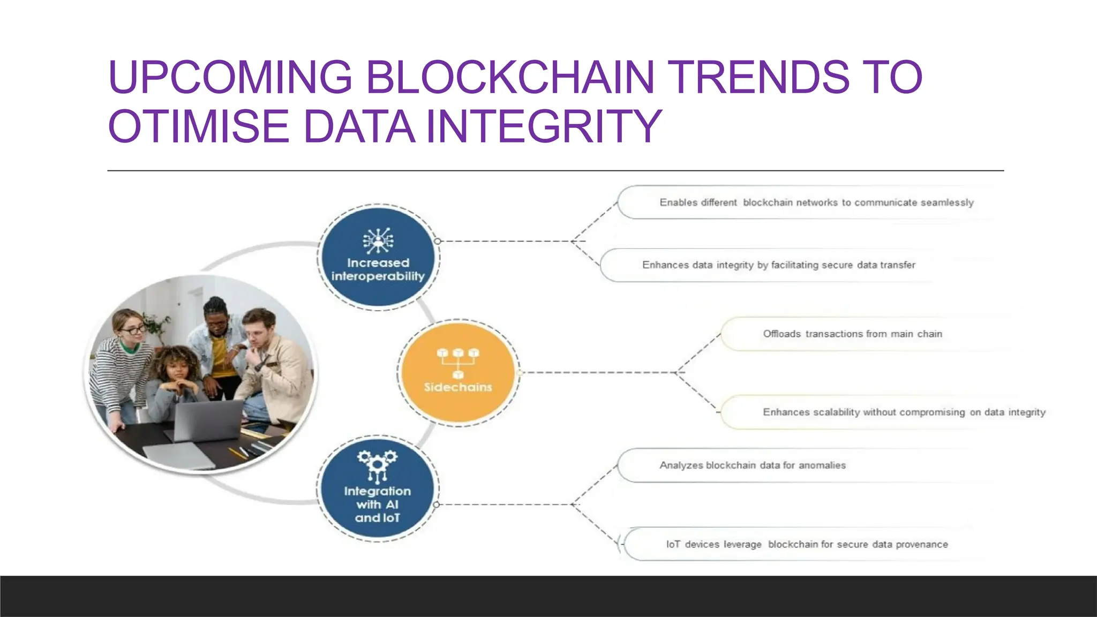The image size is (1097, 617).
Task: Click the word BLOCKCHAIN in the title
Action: tap(509, 77)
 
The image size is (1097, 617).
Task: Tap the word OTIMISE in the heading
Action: tap(199, 126)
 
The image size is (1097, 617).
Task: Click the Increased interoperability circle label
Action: tap(378, 269)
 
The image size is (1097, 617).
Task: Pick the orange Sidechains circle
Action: tap(458, 373)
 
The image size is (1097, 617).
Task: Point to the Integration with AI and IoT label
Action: tap(378, 504)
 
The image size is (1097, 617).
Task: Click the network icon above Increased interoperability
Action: tap(378, 240)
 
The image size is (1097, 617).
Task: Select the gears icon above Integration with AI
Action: tap(378, 464)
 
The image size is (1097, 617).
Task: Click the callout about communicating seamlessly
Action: tap(816, 202)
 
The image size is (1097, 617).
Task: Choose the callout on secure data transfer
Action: tap(779, 265)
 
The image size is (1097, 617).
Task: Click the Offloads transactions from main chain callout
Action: tap(852, 334)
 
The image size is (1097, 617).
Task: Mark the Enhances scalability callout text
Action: tap(904, 412)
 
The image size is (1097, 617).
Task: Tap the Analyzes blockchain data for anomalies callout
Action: tap(753, 465)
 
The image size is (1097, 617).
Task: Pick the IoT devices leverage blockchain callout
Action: tap(807, 545)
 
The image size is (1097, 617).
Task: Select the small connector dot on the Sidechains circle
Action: tap(519, 373)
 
